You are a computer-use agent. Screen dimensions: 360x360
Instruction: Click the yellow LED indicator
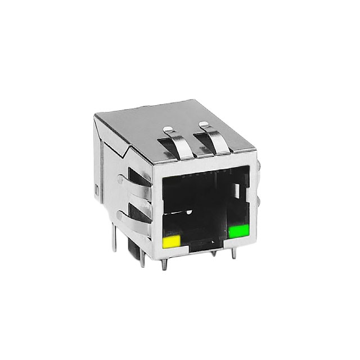(170, 242)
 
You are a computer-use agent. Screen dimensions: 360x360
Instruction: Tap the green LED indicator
(239, 231)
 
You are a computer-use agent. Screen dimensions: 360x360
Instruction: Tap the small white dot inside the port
(190, 211)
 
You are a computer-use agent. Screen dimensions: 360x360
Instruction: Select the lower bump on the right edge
(263, 202)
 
